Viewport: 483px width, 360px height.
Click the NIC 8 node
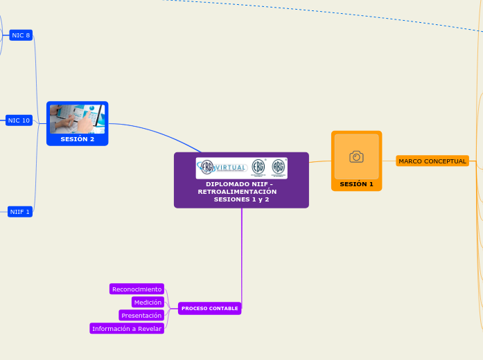[21, 35]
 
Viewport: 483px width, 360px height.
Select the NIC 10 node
[19, 120]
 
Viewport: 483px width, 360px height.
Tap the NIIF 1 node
[20, 212]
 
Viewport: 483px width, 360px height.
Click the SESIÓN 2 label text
[77, 139]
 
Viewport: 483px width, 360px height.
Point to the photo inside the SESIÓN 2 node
[77, 118]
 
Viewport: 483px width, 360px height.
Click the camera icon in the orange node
[356, 156]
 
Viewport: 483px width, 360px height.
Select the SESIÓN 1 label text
[356, 184]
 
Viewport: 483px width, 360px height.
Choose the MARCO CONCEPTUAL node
[432, 161]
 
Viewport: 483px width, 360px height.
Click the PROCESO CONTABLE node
[209, 308]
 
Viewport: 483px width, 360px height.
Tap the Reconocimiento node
[137, 289]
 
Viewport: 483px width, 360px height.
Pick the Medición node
[148, 302]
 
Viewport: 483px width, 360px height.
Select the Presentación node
[141, 315]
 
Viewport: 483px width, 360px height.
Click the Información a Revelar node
[127, 329]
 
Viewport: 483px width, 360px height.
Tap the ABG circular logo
[278, 167]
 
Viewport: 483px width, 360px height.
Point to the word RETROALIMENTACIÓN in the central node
[237, 191]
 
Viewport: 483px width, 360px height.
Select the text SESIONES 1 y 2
[242, 199]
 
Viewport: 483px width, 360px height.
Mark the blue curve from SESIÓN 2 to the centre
[159, 132]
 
